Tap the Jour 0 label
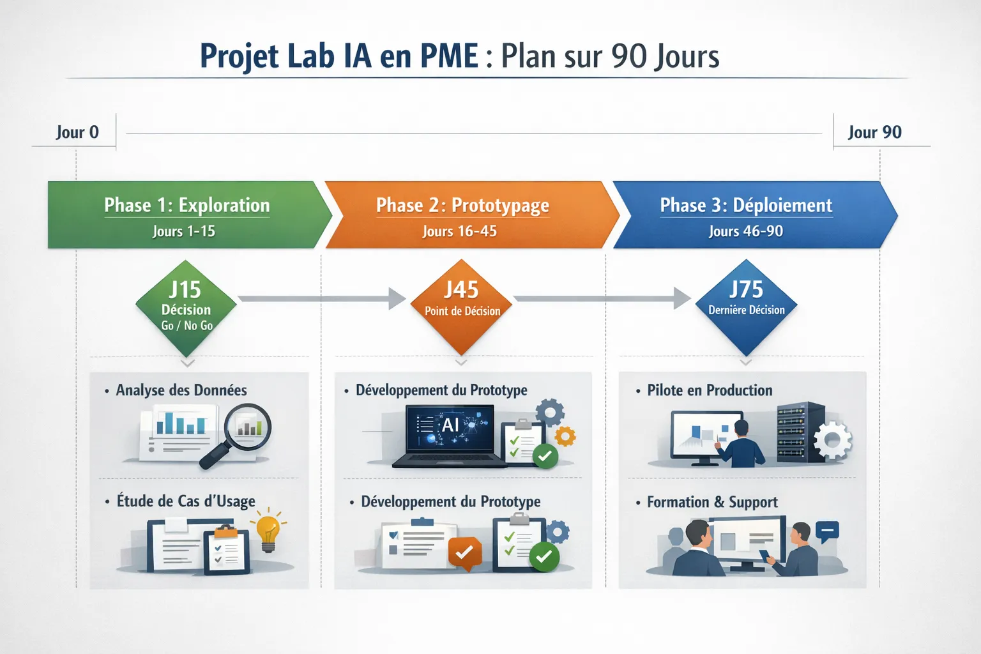click(x=77, y=132)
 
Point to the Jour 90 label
click(x=874, y=132)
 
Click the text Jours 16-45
click(x=459, y=231)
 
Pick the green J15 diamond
click(x=186, y=307)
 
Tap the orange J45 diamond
click(x=462, y=307)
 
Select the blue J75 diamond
click(x=746, y=307)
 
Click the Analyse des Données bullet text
click(x=181, y=390)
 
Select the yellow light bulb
click(x=268, y=532)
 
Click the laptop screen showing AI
click(x=450, y=426)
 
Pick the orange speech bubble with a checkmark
click(x=464, y=553)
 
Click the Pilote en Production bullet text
click(x=709, y=390)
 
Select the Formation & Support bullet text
click(x=712, y=502)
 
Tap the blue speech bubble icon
click(x=827, y=531)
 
